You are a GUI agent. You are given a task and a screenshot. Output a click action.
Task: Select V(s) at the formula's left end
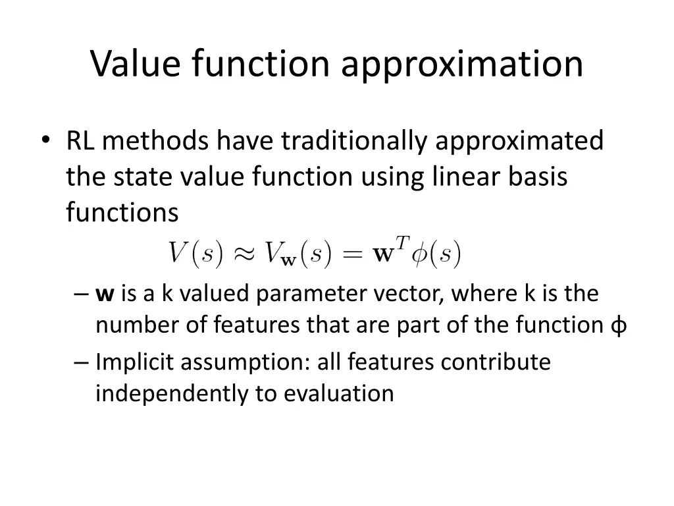point(196,253)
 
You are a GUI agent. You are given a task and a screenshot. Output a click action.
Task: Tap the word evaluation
point(339,393)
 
